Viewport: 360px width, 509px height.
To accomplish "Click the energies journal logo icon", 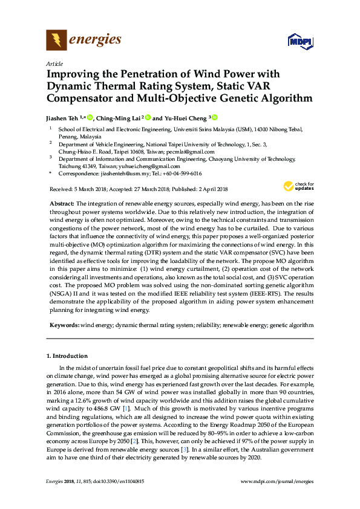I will [x=56, y=41].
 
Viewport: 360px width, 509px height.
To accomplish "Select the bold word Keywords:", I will [x=64, y=325].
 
